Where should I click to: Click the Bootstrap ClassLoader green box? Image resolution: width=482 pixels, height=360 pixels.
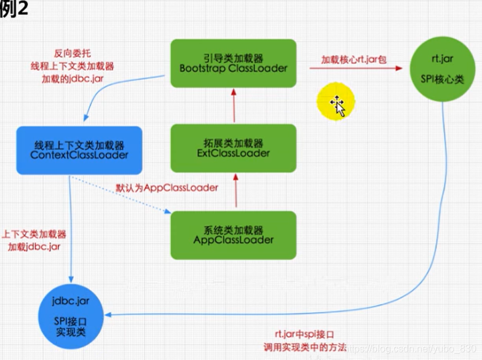click(x=233, y=63)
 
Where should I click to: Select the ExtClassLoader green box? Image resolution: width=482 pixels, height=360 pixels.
click(x=233, y=147)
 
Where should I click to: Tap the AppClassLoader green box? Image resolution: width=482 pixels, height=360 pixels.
click(x=233, y=234)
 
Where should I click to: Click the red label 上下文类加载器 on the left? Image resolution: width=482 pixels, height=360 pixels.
click(x=36, y=234)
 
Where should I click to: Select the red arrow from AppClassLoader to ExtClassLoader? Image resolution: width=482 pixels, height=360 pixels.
click(x=233, y=191)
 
